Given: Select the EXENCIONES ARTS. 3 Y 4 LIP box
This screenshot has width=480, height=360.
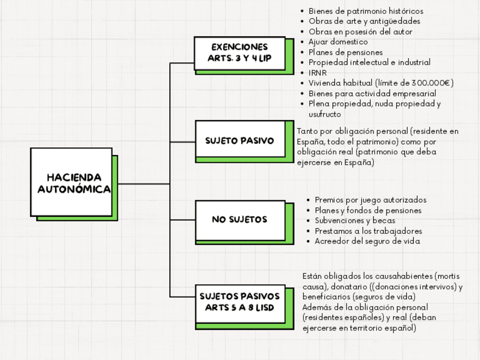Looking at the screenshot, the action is (239, 53).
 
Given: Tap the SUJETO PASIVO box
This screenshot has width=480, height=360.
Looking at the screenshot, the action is (239, 140).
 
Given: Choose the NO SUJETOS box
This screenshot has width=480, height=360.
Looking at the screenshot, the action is (239, 220).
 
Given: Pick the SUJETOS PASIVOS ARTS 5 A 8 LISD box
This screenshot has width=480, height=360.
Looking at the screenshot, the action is (239, 302).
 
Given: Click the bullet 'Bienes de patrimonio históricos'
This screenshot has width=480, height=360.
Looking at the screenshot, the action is (366, 11).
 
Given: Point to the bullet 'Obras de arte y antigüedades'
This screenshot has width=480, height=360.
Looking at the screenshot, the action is (364, 22).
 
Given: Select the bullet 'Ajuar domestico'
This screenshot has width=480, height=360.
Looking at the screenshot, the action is (338, 42).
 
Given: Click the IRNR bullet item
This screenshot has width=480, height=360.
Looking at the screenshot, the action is (318, 72).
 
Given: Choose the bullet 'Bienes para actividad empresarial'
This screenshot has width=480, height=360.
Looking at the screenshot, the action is (372, 93).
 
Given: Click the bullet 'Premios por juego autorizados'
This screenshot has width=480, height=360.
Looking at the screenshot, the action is (370, 200).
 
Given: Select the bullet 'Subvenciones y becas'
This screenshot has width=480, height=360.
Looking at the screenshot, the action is (354, 221).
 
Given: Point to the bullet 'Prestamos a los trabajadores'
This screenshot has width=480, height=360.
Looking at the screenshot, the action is (368, 231).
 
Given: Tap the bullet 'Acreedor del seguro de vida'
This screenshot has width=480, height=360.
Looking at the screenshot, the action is (367, 241).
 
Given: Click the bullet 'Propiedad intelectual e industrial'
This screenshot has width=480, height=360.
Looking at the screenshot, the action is (369, 62).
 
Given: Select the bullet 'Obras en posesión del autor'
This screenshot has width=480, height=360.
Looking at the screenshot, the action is (360, 32).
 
